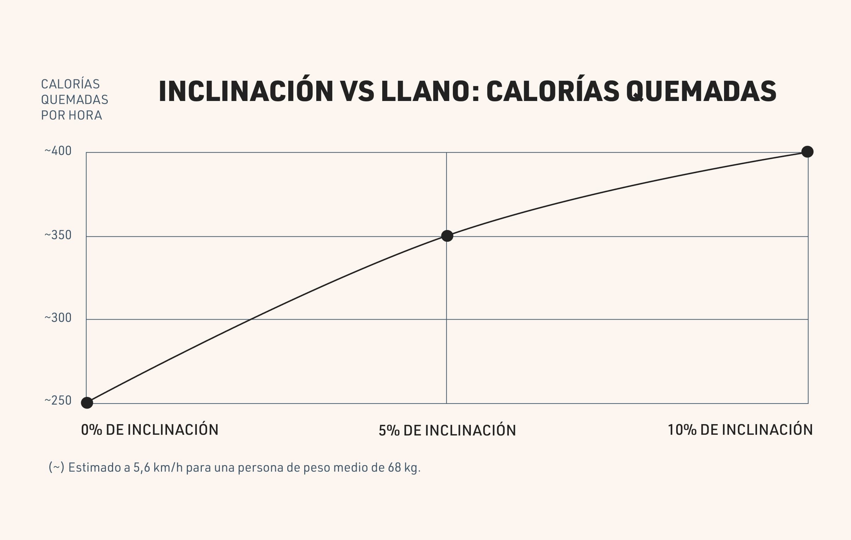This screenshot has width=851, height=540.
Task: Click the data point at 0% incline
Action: pos(87,403)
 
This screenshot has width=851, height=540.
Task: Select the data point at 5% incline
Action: pos(447,236)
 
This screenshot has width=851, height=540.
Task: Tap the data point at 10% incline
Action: pos(807,152)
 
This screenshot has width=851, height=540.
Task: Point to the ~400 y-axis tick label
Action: pos(58,151)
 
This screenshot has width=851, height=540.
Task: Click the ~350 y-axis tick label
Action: pos(58,235)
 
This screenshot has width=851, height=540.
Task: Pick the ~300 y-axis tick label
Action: pos(58,318)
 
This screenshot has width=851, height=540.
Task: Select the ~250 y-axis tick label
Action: pos(58,400)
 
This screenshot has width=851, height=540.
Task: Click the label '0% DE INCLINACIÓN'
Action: pos(150,429)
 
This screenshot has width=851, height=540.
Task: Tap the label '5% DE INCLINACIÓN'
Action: pos(447,430)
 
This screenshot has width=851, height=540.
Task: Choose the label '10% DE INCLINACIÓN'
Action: pos(740,429)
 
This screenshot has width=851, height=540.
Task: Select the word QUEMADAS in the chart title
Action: pos(701,91)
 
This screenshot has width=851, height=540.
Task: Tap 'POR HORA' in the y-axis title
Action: pos(72,115)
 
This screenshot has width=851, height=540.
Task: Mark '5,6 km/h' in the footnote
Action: pos(158,468)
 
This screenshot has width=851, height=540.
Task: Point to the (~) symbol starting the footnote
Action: pos(56,467)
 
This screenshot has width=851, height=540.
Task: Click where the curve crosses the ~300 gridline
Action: pos(251,320)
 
